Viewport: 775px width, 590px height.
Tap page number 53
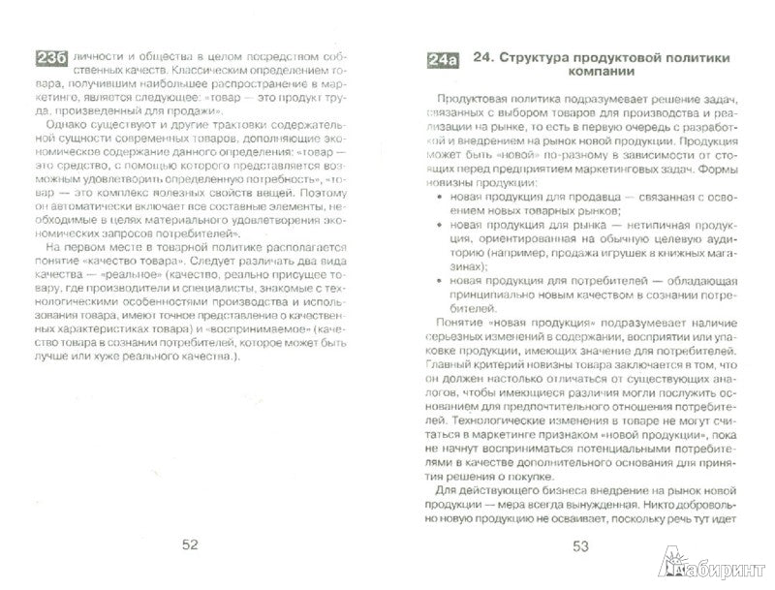point(581,544)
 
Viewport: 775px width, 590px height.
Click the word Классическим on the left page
point(205,73)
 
